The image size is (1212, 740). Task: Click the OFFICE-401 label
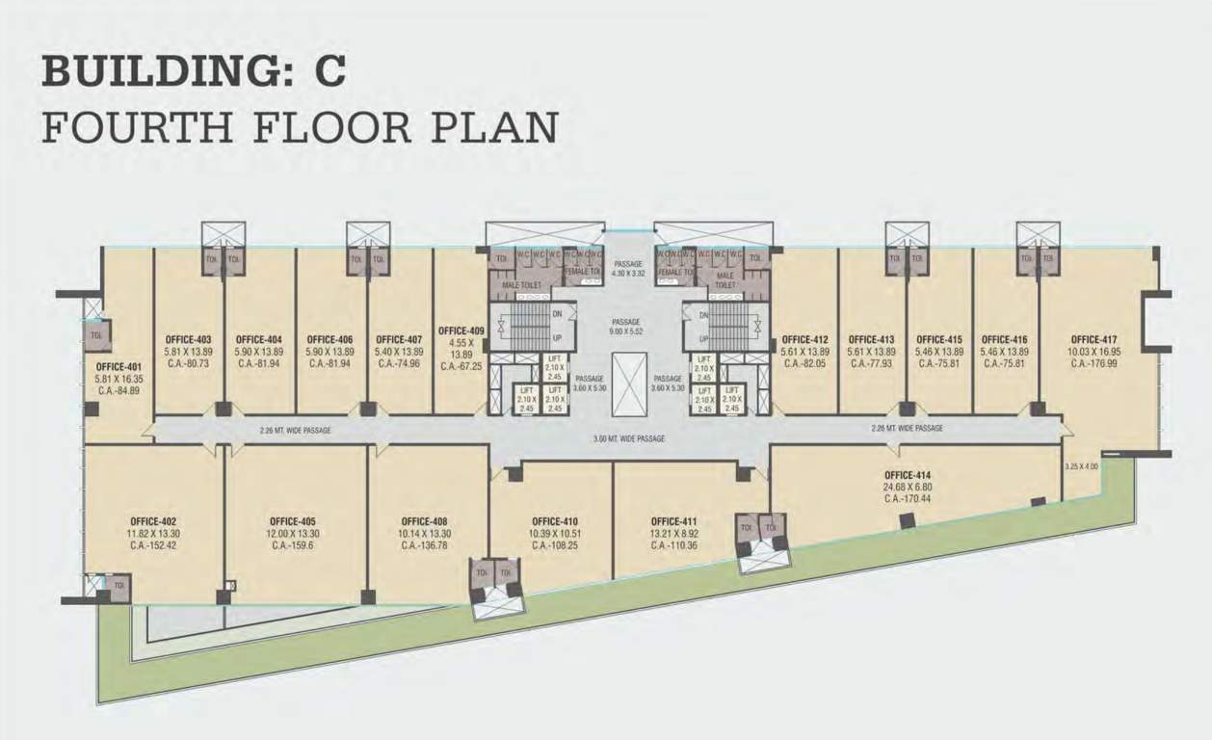click(x=118, y=367)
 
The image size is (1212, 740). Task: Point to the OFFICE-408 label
click(x=424, y=521)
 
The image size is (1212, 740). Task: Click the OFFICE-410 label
click(x=553, y=521)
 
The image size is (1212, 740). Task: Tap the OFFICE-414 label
click(x=907, y=475)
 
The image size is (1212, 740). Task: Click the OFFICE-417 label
click(x=1093, y=339)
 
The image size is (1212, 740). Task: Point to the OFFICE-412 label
click(x=804, y=339)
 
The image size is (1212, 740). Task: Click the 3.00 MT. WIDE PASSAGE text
click(x=629, y=438)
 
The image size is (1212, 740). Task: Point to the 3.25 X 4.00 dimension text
click(x=1080, y=466)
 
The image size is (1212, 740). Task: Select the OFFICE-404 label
click(x=258, y=339)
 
